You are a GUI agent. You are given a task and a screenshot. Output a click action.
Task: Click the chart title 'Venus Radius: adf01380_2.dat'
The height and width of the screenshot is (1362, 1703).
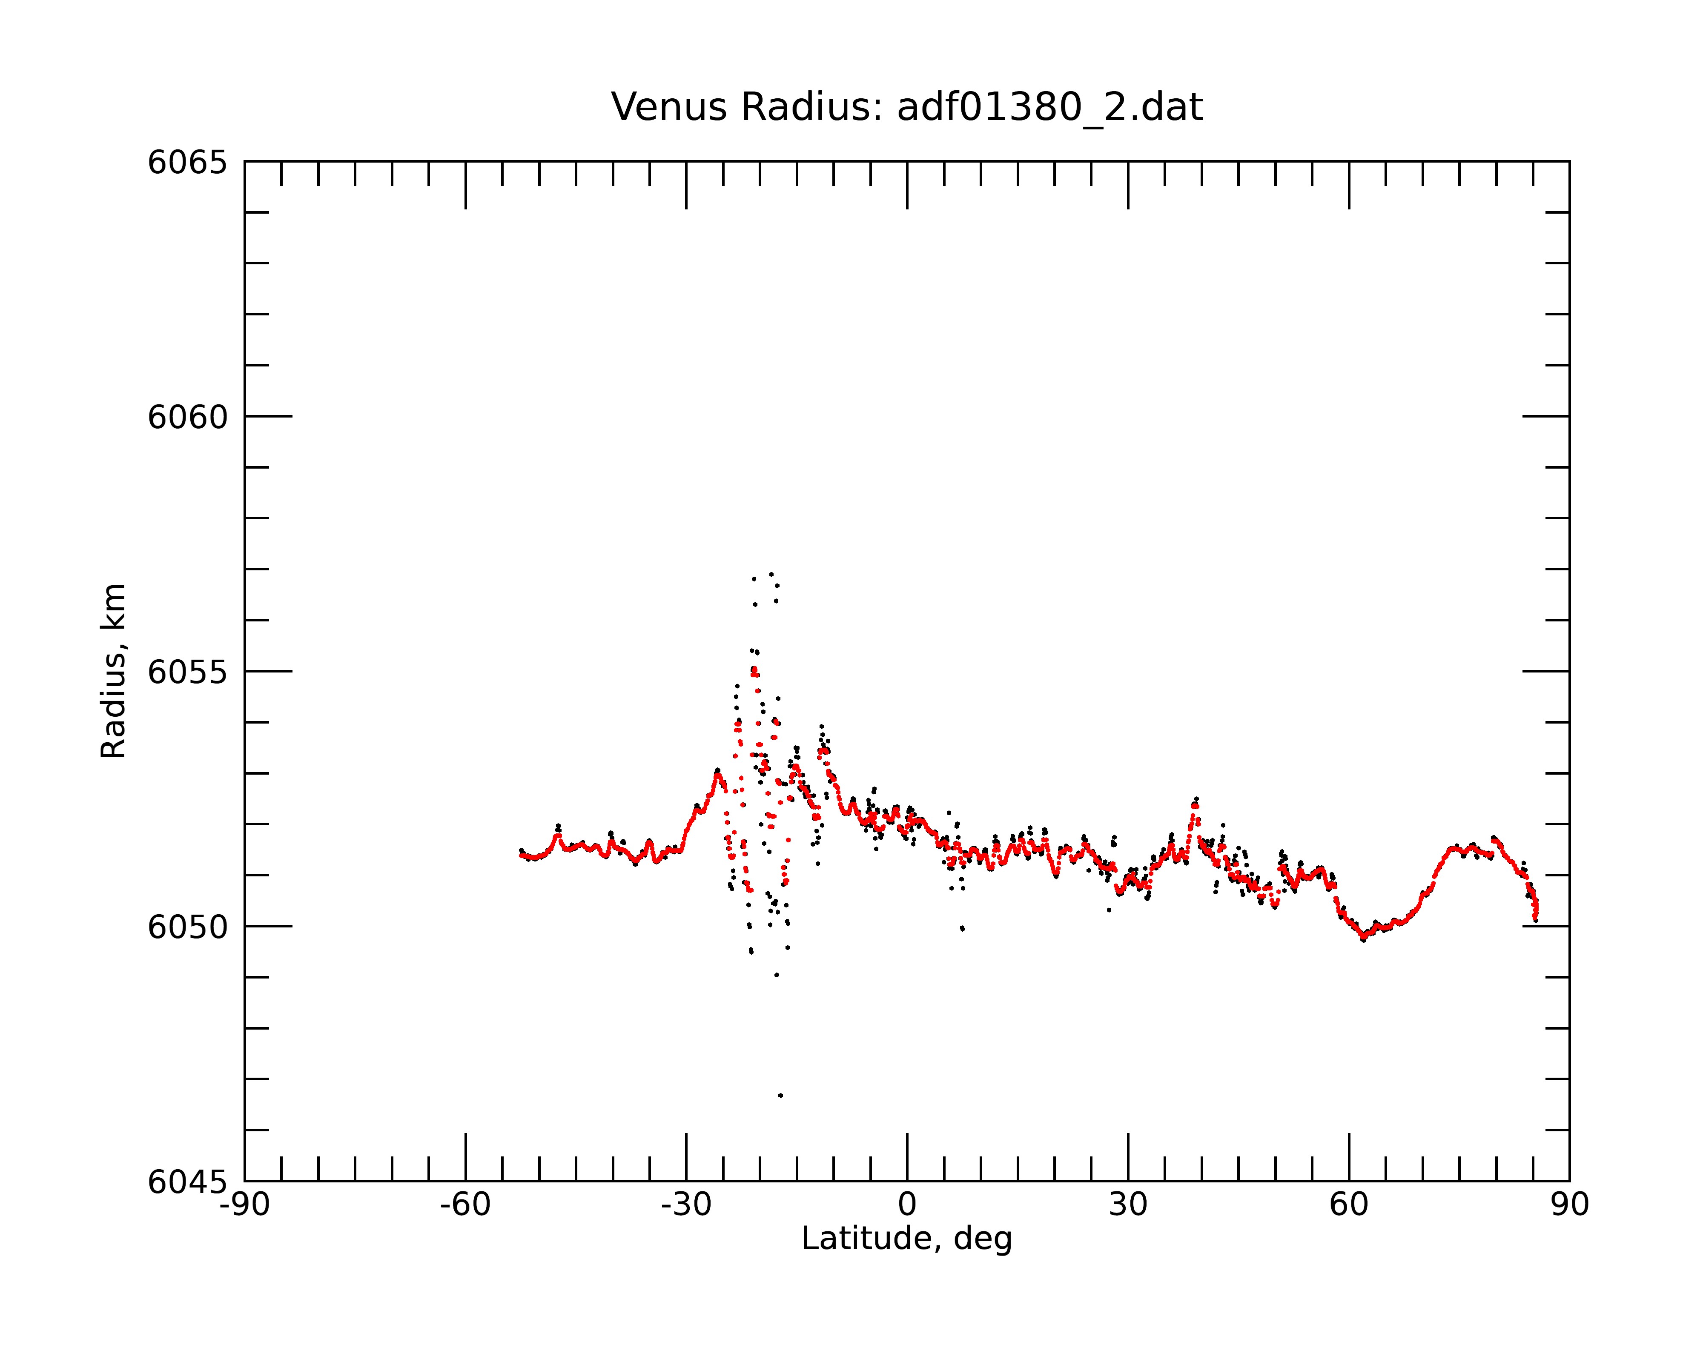pyautogui.click(x=907, y=107)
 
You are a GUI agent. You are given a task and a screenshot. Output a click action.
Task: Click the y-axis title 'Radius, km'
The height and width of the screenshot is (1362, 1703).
pyautogui.click(x=113, y=671)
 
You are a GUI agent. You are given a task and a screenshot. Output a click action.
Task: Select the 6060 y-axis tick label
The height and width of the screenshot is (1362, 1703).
pyautogui.click(x=187, y=417)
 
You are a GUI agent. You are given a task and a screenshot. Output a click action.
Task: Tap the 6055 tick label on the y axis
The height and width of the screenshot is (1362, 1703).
pyautogui.click(x=187, y=672)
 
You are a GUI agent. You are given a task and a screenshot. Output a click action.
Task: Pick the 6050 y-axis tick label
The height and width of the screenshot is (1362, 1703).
pyautogui.click(x=187, y=927)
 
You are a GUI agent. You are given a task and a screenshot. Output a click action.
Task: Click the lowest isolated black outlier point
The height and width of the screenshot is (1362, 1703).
pyautogui.click(x=780, y=1095)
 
